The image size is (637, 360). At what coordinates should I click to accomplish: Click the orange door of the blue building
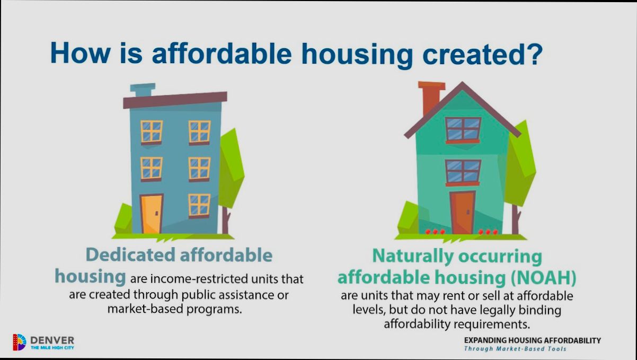pos(151,213)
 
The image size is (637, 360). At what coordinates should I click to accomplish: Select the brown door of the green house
pos(462,212)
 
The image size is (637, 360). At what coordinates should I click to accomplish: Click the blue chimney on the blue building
pos(143,90)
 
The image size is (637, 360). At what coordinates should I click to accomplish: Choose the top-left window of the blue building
pos(151,131)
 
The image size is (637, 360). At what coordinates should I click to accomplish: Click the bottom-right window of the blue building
pos(199,205)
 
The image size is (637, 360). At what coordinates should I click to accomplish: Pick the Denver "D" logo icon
pos(19,342)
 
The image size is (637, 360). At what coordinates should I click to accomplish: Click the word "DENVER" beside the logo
pos(52,339)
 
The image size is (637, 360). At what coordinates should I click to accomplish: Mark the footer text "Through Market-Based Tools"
pos(515,349)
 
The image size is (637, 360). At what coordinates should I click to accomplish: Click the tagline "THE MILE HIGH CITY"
pos(52,347)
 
